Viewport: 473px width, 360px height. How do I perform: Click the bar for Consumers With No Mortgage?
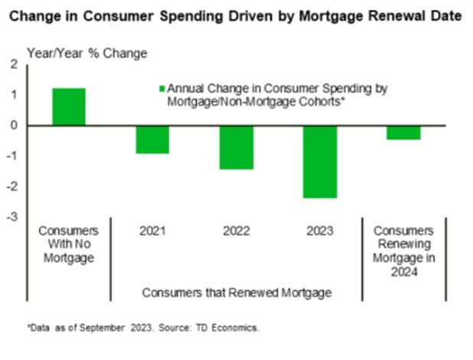[68, 106]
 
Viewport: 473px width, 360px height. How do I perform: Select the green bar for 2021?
[152, 139]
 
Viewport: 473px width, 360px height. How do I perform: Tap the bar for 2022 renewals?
[236, 147]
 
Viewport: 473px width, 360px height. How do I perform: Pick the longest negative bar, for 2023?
[320, 162]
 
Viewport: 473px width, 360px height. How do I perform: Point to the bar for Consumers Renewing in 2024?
[403, 133]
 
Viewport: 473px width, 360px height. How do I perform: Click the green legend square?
[161, 89]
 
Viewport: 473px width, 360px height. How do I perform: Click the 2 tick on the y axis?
[13, 65]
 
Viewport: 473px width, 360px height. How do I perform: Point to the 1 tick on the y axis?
[13, 95]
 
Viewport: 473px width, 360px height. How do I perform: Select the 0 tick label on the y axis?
[13, 126]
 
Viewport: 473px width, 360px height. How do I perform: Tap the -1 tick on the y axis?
[11, 156]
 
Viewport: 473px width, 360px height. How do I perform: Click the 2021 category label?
[152, 231]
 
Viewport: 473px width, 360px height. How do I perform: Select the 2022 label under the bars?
[236, 231]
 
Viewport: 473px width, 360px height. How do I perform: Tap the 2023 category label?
[320, 231]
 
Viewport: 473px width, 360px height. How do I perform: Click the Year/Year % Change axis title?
[87, 53]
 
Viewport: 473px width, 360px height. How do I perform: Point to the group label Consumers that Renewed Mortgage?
[236, 292]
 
